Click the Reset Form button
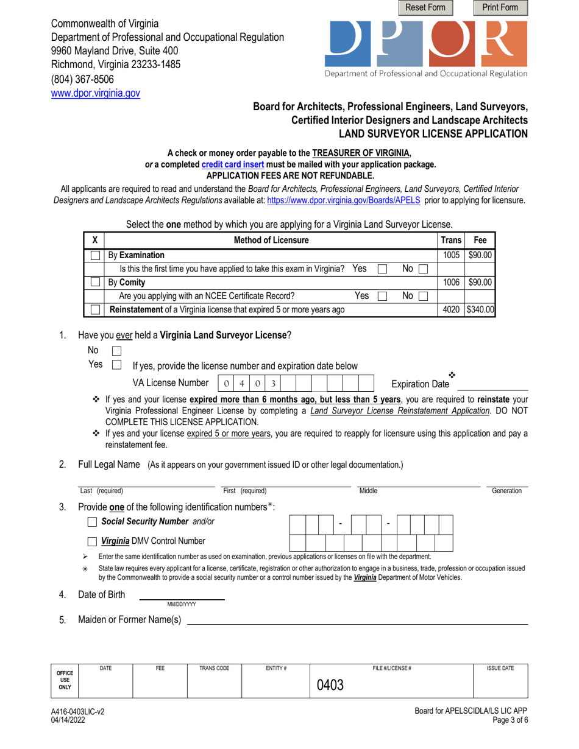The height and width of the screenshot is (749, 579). pyautogui.click(x=426, y=8)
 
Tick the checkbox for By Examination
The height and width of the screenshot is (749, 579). pyautogui.click(x=96, y=256)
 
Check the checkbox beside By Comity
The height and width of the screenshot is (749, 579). pyautogui.click(x=96, y=283)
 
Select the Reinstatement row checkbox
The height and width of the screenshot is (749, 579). pyautogui.click(x=96, y=310)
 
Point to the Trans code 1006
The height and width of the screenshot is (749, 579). pyautogui.click(x=452, y=283)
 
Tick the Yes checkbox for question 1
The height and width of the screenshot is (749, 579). pyautogui.click(x=118, y=365)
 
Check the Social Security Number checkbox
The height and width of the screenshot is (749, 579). pyautogui.click(x=93, y=522)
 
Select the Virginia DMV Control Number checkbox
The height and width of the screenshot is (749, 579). pyautogui.click(x=93, y=541)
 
